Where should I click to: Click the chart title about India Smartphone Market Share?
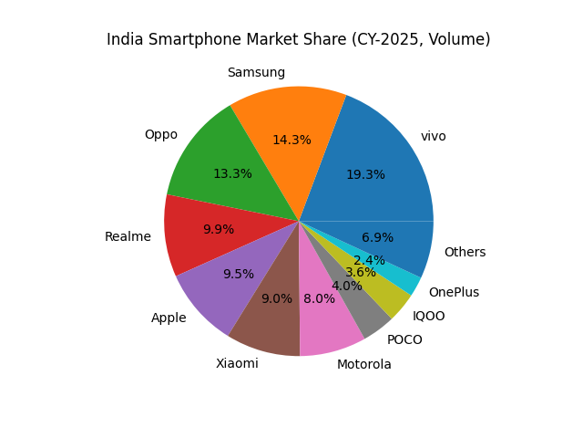pyautogui.click(x=298, y=39)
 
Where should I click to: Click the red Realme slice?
pyautogui.click(x=196, y=233)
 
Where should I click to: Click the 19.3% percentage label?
pyautogui.click(x=365, y=174)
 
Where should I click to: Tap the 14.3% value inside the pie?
pyautogui.click(x=291, y=140)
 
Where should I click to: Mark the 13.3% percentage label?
pyautogui.click(x=232, y=173)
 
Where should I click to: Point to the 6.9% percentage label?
pyautogui.click(x=377, y=237)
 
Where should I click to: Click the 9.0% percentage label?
pyautogui.click(x=277, y=298)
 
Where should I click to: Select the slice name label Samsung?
pyautogui.click(x=256, y=72)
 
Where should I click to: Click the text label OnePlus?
pyautogui.click(x=454, y=292)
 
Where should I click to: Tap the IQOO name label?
pyautogui.click(x=428, y=316)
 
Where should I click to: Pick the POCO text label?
pyautogui.click(x=404, y=339)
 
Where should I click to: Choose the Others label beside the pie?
pyautogui.click(x=465, y=252)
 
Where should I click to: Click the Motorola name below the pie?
pyautogui.click(x=363, y=364)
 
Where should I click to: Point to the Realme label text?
pyautogui.click(x=128, y=236)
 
